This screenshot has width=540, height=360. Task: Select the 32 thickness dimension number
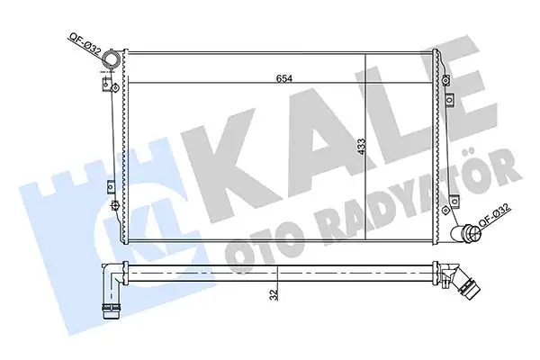(x=270, y=292)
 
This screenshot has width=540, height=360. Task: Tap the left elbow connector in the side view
(x=112, y=288)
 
